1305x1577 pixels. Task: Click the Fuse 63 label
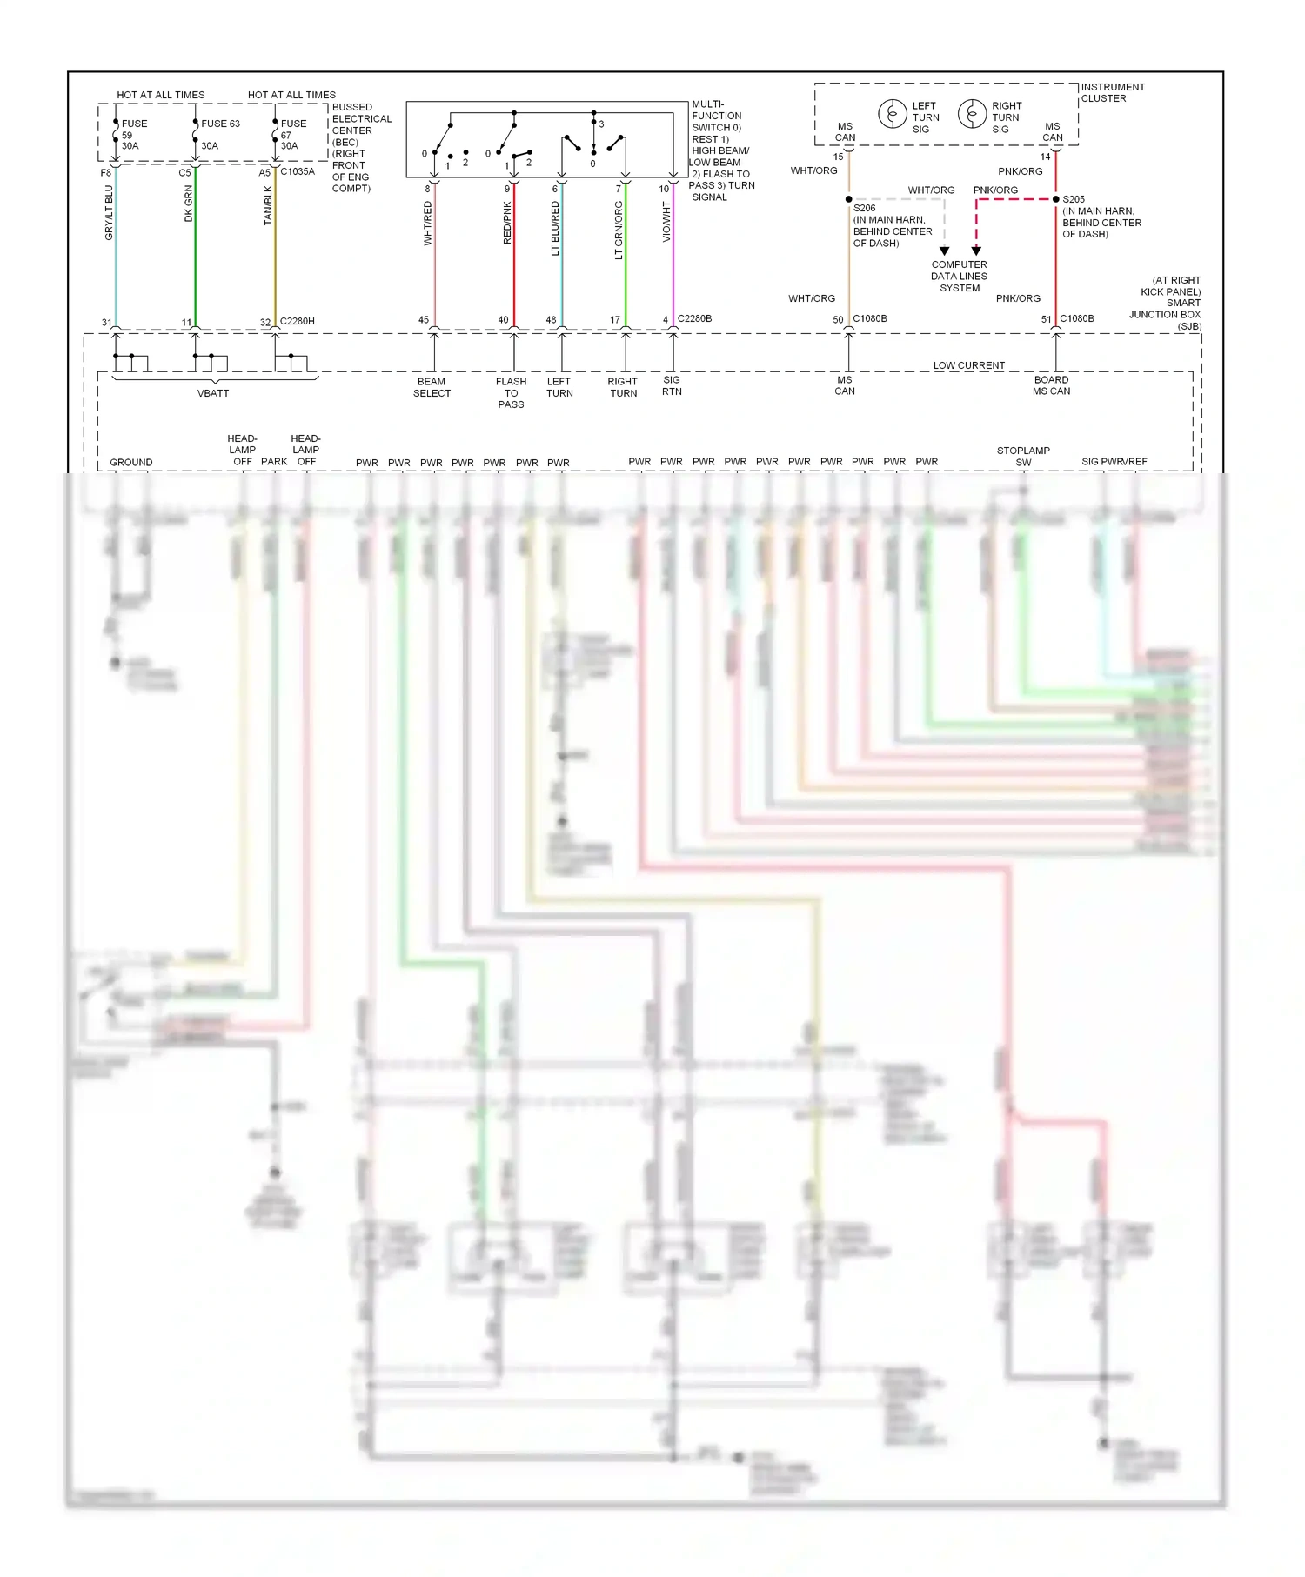(220, 124)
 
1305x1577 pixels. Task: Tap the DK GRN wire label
(189, 204)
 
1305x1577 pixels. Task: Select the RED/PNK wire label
(507, 223)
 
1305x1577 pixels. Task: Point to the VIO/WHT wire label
(666, 222)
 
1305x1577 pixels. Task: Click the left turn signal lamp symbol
(892, 114)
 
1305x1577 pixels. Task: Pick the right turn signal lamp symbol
(972, 114)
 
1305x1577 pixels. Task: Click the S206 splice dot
(849, 199)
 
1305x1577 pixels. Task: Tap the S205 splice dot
(1056, 199)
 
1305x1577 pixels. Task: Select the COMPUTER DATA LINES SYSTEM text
(959, 277)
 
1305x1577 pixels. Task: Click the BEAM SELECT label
(432, 387)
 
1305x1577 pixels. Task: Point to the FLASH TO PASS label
(511, 392)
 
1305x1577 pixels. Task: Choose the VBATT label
(213, 393)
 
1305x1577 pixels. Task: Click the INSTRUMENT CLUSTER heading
(1113, 92)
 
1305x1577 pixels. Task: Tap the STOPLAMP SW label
(1023, 456)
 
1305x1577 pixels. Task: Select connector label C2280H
(298, 321)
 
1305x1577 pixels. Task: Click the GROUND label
(131, 462)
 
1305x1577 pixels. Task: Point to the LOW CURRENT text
(969, 365)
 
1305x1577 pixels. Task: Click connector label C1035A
(298, 171)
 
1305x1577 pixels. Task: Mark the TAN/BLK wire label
(268, 205)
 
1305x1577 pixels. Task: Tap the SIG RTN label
(672, 385)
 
